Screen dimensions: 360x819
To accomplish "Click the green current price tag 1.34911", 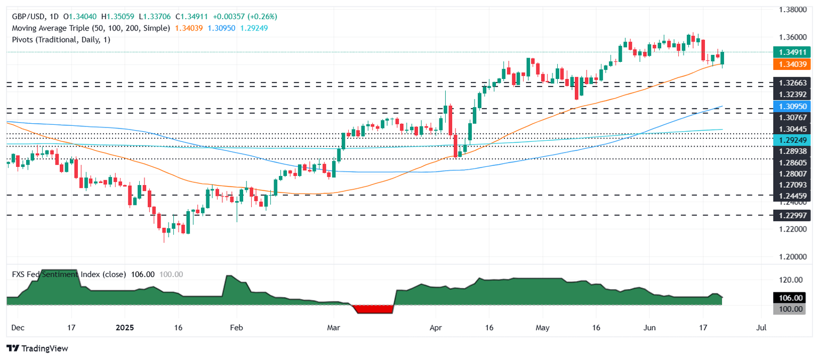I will (792, 52).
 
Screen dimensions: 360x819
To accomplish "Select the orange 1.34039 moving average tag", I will (792, 64).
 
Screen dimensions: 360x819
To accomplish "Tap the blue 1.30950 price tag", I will (792, 107).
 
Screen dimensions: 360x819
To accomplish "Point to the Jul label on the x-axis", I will (761, 327).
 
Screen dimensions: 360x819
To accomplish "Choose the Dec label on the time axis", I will (18, 327).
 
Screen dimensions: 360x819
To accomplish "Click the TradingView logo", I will (37, 348).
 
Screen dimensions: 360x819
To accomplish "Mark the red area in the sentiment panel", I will (372, 309).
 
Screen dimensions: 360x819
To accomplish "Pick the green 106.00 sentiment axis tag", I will (791, 298).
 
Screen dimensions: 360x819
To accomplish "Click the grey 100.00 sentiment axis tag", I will (791, 309).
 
